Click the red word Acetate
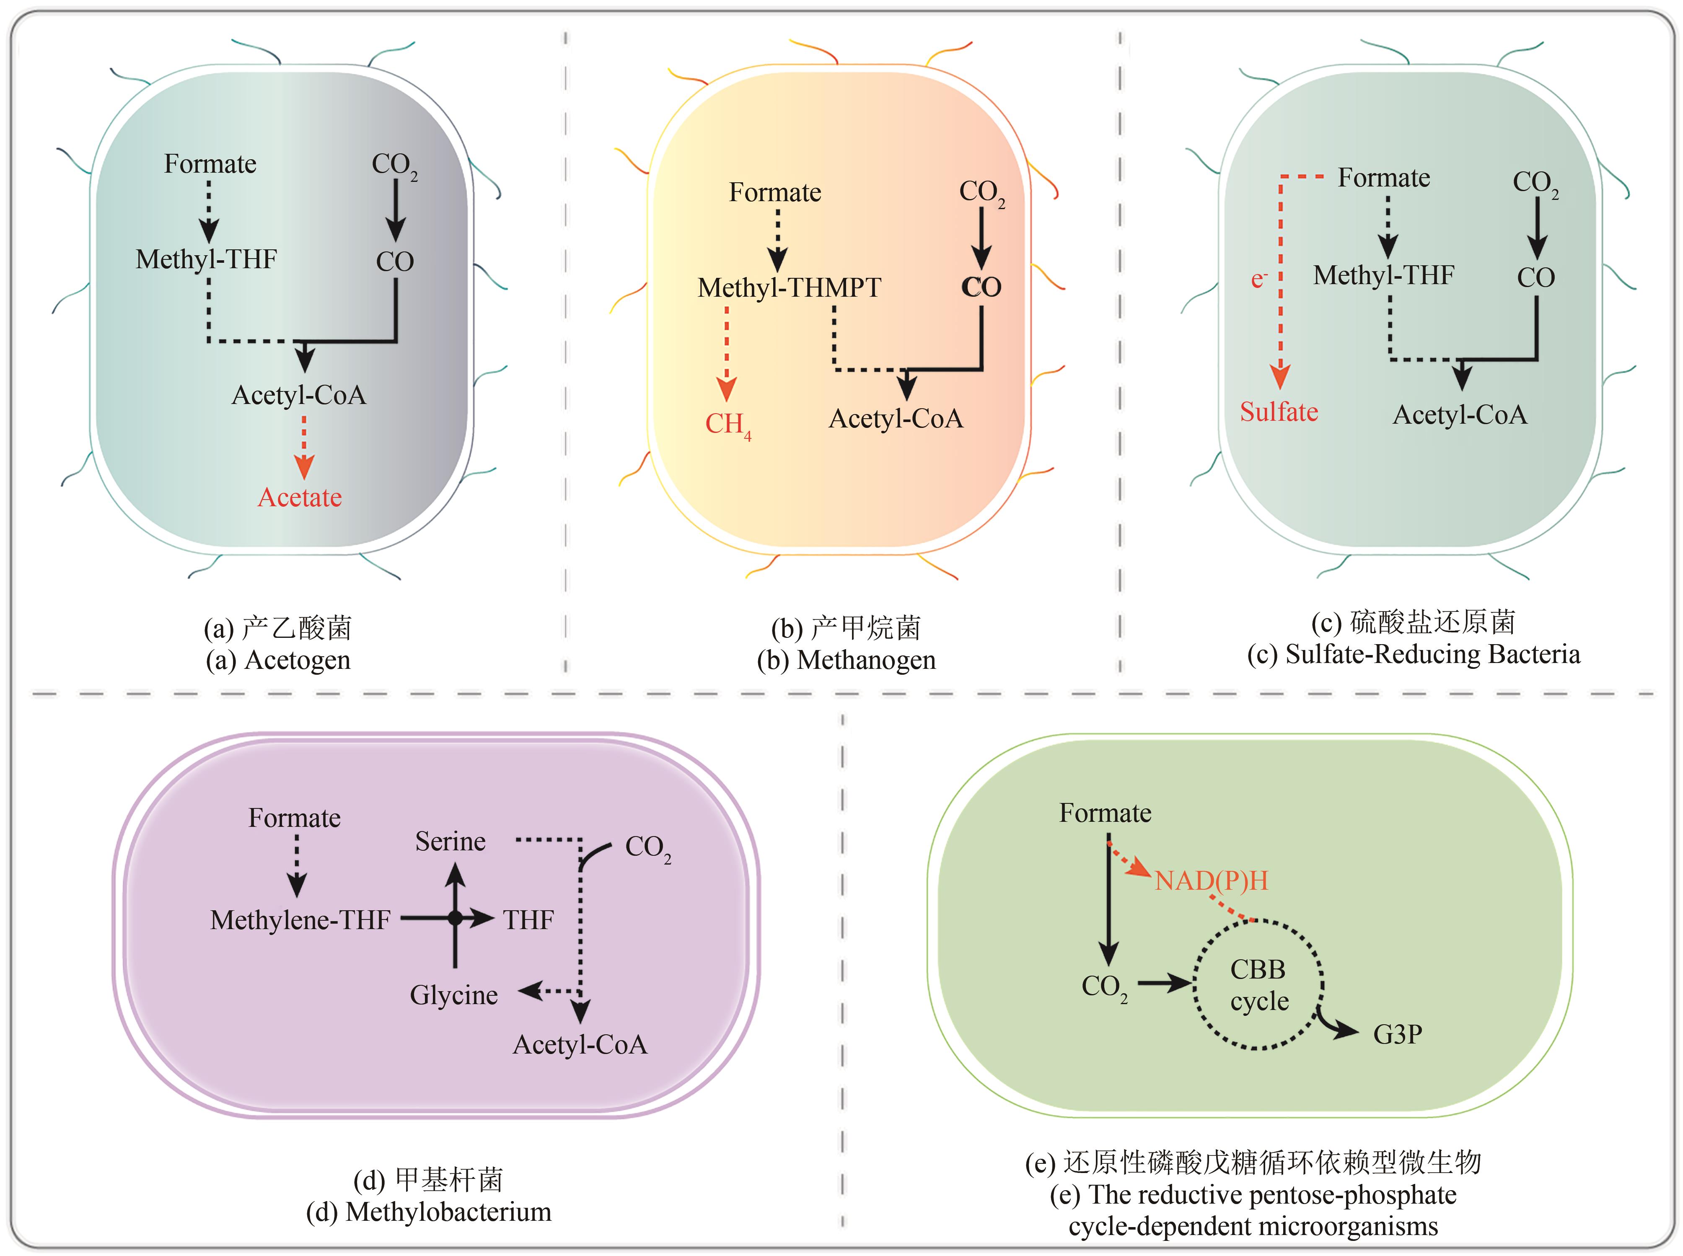pos(300,497)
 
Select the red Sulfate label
pos(1279,412)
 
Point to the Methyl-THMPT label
pos(789,287)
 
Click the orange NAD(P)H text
pos(1211,880)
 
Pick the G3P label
pos(1397,1034)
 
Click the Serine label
pos(450,841)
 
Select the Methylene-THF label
pos(300,920)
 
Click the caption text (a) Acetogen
pos(278,660)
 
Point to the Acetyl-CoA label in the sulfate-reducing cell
pos(1460,415)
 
